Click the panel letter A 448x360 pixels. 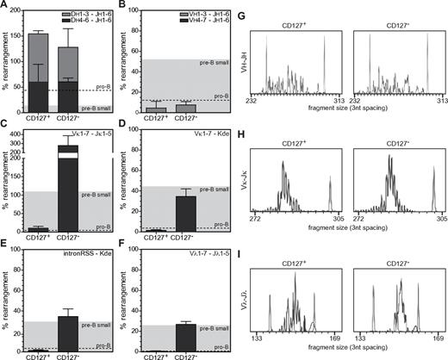point(6,5)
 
